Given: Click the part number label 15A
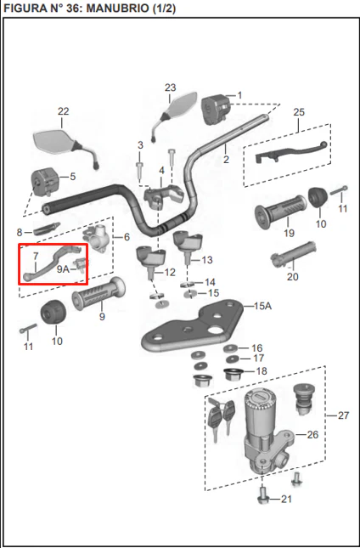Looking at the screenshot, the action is click(x=262, y=306).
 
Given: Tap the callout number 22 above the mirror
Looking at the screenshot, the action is click(x=63, y=111).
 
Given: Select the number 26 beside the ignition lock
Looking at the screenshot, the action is click(x=312, y=434).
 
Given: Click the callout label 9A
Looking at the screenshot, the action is click(x=63, y=269).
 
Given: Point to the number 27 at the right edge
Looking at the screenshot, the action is click(x=343, y=415).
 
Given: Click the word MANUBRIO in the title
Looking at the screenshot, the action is click(x=118, y=8).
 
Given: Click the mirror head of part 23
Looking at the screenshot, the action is click(x=181, y=104).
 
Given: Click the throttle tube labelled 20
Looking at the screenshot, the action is click(x=294, y=254).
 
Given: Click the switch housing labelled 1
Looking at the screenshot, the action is click(x=216, y=109).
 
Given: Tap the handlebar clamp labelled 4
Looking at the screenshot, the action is click(x=164, y=196).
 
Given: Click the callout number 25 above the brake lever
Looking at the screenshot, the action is click(x=299, y=112).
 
